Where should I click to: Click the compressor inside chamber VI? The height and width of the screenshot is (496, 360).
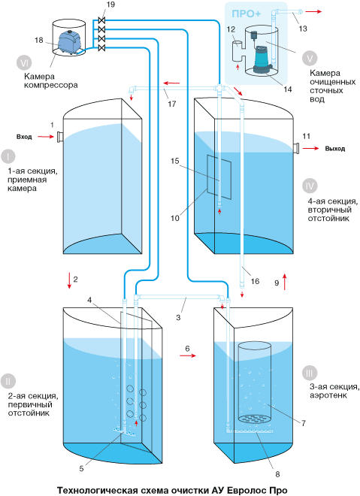[x=69, y=42]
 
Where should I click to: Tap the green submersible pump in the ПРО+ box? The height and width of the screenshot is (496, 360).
[x=262, y=59]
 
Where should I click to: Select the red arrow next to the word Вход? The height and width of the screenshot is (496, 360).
[x=46, y=137]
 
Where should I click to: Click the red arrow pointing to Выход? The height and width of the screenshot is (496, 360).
[x=310, y=148]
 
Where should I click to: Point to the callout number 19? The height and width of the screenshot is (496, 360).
[x=110, y=5]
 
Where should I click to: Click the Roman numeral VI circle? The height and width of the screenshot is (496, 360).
[x=24, y=63]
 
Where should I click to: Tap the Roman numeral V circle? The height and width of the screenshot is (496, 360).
[x=310, y=58]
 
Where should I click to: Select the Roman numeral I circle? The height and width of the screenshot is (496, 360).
[x=8, y=156]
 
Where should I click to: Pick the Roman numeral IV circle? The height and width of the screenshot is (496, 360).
[x=310, y=186]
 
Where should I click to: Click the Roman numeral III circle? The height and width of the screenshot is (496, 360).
[x=310, y=374]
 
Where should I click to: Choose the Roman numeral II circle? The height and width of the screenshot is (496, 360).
[x=8, y=381]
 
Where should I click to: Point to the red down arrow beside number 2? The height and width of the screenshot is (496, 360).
[x=69, y=281]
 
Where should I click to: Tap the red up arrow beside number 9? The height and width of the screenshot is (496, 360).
[x=285, y=282]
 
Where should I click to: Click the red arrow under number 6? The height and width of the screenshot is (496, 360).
[x=188, y=355]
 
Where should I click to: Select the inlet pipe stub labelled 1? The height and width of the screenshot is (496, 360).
[x=59, y=138]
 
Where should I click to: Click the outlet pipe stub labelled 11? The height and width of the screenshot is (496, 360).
[x=296, y=148]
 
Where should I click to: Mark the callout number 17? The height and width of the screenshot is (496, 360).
[x=172, y=104]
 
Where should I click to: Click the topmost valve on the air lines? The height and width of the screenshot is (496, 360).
[x=101, y=20]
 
